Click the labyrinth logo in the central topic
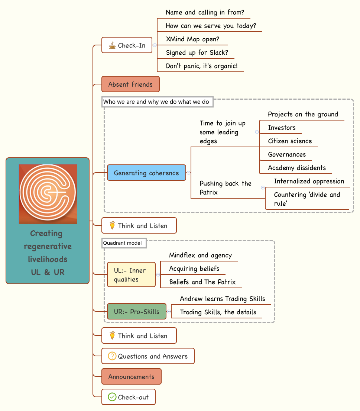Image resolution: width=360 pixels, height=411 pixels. [48, 194]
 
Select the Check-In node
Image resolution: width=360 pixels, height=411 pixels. [127, 45]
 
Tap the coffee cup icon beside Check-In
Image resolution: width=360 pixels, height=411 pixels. [112, 45]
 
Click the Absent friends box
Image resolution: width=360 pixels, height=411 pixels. [130, 84]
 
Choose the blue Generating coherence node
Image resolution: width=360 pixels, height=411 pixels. [146, 173]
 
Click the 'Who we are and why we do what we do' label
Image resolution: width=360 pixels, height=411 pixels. [158, 102]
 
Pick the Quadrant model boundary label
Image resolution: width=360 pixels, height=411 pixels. [124, 243]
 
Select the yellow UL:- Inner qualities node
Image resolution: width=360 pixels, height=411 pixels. [131, 275]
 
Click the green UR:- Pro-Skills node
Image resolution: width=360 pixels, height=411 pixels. [136, 312]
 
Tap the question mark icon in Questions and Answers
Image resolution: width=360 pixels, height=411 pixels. [112, 356]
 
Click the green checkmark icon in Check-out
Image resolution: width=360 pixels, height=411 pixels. [112, 397]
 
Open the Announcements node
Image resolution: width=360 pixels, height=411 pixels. [131, 377]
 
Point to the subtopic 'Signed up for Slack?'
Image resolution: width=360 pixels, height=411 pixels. [197, 52]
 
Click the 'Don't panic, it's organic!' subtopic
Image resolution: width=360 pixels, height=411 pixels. [202, 66]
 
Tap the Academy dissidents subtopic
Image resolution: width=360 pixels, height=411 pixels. [297, 168]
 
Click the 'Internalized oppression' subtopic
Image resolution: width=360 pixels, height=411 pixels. [309, 181]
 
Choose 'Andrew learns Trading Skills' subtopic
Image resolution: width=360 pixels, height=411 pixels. [223, 299]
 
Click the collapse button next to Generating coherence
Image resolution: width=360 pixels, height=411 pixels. [189, 173]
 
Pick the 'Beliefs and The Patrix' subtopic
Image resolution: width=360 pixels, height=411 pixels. [202, 282]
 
